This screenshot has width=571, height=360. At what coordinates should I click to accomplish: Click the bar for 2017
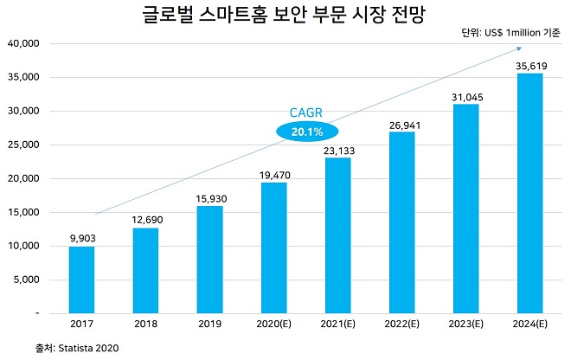pyautogui.click(x=81, y=279)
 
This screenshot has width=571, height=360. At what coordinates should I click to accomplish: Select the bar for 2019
pyautogui.click(x=209, y=259)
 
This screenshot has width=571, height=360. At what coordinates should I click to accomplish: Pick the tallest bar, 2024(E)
pyautogui.click(x=529, y=192)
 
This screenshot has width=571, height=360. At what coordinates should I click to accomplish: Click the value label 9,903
pyautogui.click(x=81, y=237)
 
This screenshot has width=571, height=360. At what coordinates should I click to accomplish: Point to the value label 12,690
pyautogui.click(x=145, y=218)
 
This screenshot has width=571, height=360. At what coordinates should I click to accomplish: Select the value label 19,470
pyautogui.click(x=273, y=173)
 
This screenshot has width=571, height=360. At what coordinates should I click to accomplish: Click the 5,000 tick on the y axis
pyautogui.click(x=26, y=280)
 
